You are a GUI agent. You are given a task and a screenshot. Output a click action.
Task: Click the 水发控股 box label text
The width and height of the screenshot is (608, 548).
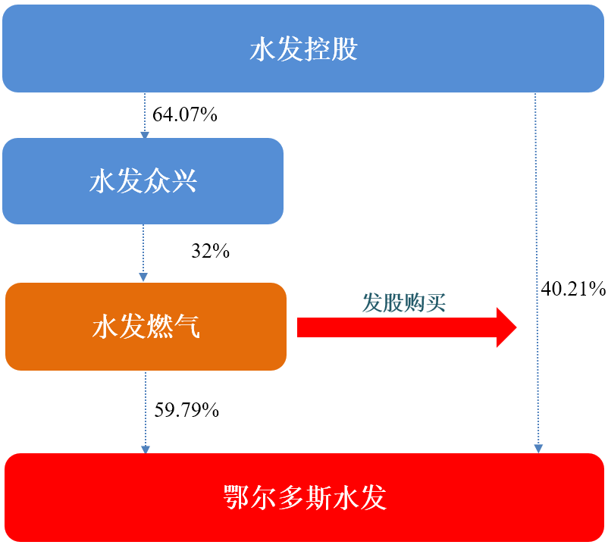point(303,49)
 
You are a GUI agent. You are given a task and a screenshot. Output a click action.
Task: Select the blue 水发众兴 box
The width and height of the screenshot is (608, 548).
point(143,181)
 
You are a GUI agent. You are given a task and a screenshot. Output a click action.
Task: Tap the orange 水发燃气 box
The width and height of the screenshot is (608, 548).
point(146,327)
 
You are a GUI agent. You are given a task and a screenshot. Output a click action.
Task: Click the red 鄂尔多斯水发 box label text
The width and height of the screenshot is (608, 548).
point(305,498)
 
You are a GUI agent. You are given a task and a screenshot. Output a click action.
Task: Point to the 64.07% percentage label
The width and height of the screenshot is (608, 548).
point(184,114)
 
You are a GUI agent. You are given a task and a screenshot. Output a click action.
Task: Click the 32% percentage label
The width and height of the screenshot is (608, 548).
point(210,251)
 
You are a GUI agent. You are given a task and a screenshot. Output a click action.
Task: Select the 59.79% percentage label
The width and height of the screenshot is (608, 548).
point(186,410)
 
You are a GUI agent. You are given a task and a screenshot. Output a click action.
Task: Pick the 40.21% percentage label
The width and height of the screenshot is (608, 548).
point(573,289)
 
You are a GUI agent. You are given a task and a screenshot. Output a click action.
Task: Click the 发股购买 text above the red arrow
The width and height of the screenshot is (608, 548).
point(403,302)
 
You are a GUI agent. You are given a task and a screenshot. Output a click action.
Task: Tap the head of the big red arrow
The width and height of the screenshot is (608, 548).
point(506,327)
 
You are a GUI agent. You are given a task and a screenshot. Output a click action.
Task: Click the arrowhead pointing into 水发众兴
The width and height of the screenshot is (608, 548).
point(145,135)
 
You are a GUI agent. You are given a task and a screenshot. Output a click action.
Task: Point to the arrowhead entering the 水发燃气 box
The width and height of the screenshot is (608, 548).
point(143,277)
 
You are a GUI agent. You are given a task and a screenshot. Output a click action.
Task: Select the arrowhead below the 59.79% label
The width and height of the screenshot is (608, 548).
point(146,449)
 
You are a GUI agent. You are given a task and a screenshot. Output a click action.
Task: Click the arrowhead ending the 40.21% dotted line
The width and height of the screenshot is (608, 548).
point(538,449)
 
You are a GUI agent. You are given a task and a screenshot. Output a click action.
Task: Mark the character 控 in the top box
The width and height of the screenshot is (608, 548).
point(317,49)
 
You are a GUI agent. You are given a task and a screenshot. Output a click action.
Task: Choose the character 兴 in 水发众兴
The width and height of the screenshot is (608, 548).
point(184,181)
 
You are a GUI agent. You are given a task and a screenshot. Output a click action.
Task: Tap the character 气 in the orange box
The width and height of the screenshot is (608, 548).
point(187,327)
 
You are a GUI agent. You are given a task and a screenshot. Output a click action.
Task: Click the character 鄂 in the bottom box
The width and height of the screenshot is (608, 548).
point(237,498)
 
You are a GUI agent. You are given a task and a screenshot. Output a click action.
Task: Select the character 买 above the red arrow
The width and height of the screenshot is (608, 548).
point(435,302)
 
